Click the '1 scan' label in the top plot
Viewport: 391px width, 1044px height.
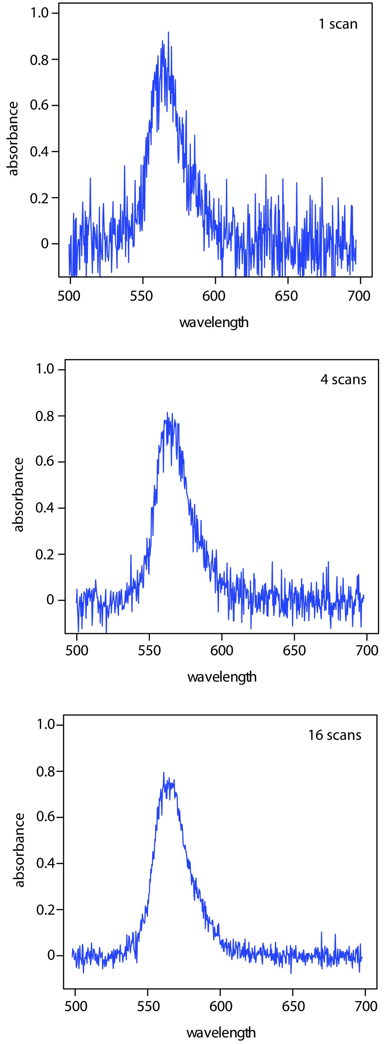(338, 24)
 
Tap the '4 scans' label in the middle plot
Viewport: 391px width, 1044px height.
(343, 380)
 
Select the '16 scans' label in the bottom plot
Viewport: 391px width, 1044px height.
(335, 735)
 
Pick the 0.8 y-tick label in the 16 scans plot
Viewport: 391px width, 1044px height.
(45, 771)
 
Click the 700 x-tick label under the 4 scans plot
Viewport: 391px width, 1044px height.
(367, 651)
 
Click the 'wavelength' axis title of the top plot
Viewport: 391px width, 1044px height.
(214, 323)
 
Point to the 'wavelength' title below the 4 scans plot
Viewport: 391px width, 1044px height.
(222, 677)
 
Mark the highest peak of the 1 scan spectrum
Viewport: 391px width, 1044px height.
(169, 32)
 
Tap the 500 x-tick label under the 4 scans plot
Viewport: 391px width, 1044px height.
(77, 651)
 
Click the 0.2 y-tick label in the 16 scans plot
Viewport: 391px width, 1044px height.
(45, 910)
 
